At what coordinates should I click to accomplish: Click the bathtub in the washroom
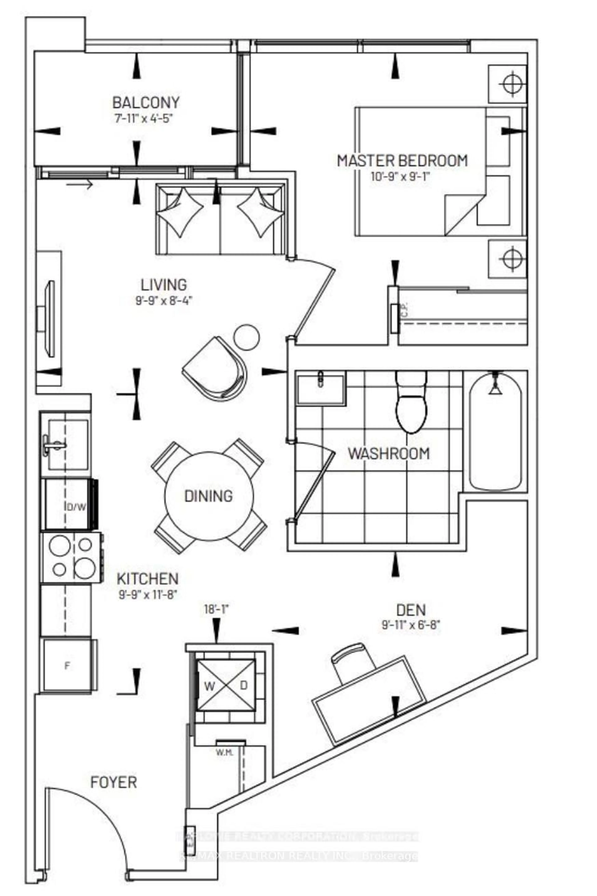point(495,432)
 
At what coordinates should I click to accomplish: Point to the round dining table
point(209,496)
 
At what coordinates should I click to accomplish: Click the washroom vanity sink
point(321,389)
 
